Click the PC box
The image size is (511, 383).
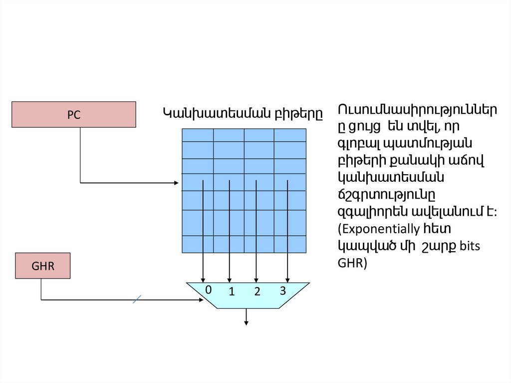coord(73,114)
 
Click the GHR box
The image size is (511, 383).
coord(43,266)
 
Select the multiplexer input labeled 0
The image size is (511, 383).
coord(209,290)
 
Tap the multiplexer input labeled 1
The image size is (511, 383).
coord(232,293)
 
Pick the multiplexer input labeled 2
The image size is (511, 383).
coord(257,293)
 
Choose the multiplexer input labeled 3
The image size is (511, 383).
coord(282,290)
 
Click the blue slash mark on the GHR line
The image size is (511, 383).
coord(138,300)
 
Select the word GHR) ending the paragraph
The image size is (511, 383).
coord(352,264)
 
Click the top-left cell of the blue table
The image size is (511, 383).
coord(198,135)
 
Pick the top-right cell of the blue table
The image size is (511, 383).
coord(290,135)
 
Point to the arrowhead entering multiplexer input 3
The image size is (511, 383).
coord(287,279)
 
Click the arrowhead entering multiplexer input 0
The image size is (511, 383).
coord(203,279)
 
